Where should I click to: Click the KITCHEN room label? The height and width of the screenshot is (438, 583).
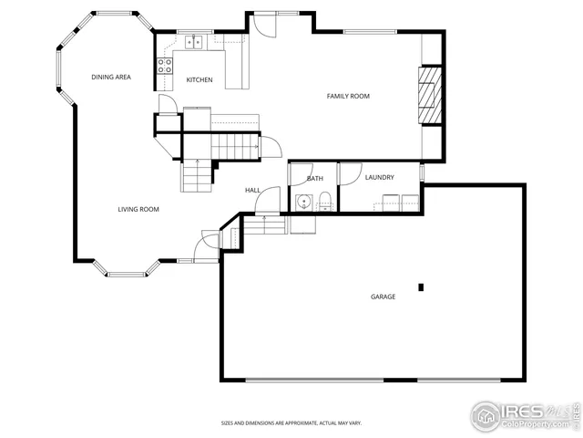pos(199,80)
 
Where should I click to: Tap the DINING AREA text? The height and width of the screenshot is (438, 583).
pos(110,78)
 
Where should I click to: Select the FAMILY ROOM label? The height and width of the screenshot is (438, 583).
pos(348,96)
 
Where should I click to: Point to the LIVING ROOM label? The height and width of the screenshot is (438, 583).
pos(138,210)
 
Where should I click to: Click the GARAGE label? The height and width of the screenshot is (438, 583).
pos(383,297)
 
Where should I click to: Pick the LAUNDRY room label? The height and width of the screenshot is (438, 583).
pos(379,177)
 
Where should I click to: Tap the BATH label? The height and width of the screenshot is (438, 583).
pos(314,179)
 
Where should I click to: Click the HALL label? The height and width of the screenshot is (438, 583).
pos(252,190)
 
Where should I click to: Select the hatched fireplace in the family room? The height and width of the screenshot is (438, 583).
pos(429,95)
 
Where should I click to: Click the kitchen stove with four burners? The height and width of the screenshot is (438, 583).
pos(166,66)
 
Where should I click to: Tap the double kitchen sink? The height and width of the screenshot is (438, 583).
pos(194,41)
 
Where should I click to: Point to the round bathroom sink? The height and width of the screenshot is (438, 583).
pos(302,203)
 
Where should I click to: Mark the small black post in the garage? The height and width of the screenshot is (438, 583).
pos(421,287)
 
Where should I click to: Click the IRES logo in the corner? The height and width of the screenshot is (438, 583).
pos(524,415)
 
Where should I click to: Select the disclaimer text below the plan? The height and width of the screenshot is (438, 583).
pos(291,423)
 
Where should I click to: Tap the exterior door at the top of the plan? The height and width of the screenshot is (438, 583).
pos(264,22)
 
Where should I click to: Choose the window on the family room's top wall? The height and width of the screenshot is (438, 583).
pos(369,33)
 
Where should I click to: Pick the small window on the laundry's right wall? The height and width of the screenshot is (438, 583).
pos(422,172)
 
